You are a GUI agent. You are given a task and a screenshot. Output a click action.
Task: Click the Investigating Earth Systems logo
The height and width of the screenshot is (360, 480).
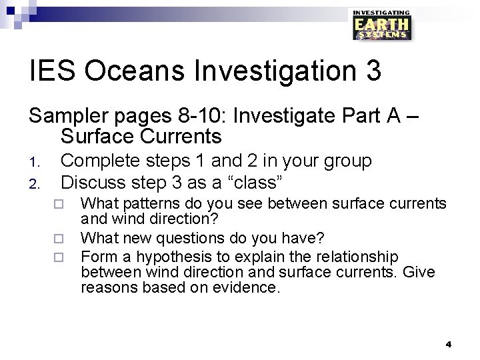click(x=381, y=25)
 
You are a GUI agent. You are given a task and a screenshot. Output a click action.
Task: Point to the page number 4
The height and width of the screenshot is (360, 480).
click(x=448, y=344)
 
